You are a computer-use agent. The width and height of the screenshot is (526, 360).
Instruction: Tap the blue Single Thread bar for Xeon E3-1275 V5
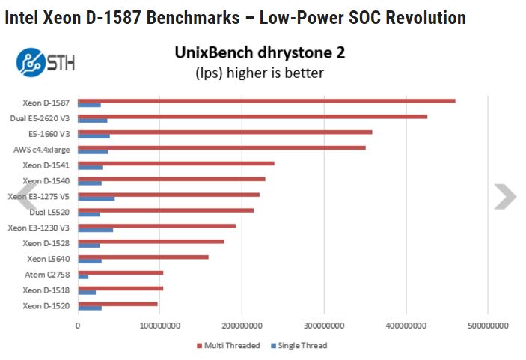pyautogui.click(x=97, y=199)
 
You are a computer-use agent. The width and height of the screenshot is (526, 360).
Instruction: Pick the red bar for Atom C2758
pyautogui.click(x=120, y=272)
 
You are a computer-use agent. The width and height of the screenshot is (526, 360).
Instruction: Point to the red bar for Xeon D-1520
pyautogui.click(x=117, y=304)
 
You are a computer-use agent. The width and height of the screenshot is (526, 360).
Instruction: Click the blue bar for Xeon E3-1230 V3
pyautogui.click(x=96, y=230)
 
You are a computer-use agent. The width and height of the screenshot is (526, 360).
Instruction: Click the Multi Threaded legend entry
pyautogui.click(x=229, y=346)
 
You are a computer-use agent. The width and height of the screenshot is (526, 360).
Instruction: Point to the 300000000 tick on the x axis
pyautogui.click(x=324, y=326)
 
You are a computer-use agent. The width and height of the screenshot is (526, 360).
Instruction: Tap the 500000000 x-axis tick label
pyautogui.click(x=488, y=326)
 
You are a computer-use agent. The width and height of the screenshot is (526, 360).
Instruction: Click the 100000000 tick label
pyautogui.click(x=160, y=326)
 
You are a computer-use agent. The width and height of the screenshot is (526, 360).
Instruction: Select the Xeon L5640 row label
pyautogui.click(x=49, y=259)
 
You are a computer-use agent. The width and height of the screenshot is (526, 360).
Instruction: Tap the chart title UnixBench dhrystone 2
pyautogui.click(x=260, y=53)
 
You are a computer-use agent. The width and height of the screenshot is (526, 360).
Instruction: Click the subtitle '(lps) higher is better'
pyautogui.click(x=260, y=73)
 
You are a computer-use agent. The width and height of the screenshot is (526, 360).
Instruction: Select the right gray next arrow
pyautogui.click(x=504, y=197)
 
